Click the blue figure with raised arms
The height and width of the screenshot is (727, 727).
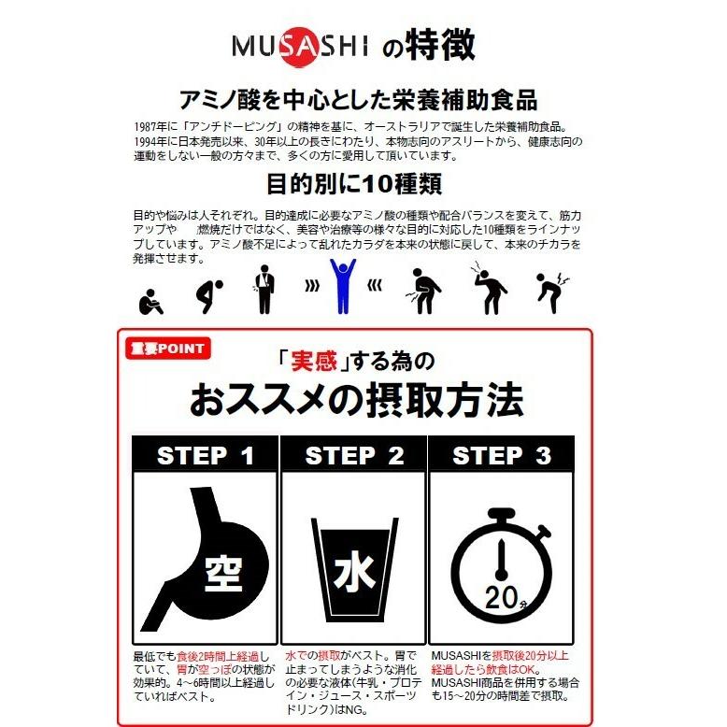coord(344,286)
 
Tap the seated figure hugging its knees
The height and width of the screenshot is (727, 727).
coord(150,296)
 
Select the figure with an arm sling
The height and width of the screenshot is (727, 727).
coord(264,291)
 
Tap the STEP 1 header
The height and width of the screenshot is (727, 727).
coord(206,456)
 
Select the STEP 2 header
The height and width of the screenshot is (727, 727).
coord(354,456)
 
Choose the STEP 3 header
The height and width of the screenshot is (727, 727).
coord(502,456)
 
